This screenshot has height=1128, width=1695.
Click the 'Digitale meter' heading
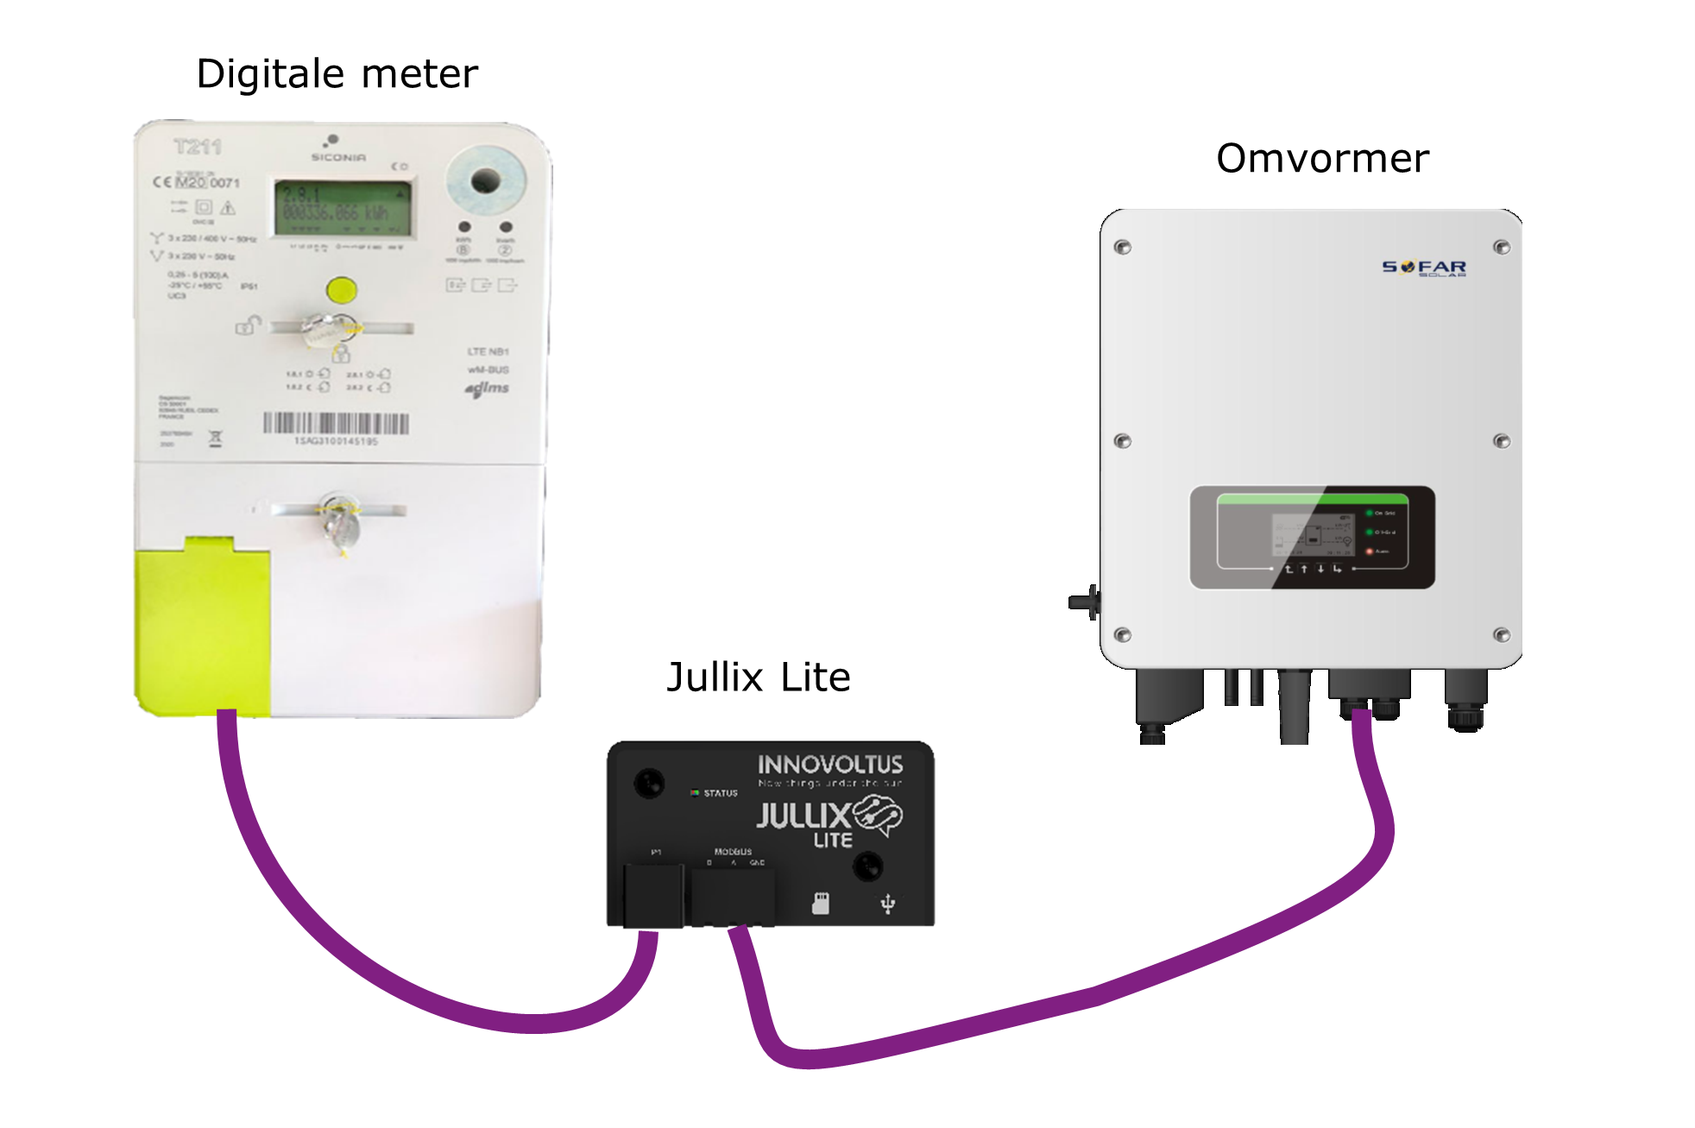click(337, 74)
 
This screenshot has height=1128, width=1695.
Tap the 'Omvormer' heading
click(1322, 159)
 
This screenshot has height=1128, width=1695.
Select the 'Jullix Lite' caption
click(759, 677)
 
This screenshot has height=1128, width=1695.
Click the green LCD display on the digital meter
click(343, 208)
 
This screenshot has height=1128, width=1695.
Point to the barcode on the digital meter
click(336, 423)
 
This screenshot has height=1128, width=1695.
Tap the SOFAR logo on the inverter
click(1424, 268)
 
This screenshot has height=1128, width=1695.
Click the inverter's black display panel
click(1312, 538)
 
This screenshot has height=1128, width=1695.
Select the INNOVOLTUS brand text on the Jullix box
click(830, 765)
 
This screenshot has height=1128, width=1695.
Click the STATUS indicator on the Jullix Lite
click(714, 792)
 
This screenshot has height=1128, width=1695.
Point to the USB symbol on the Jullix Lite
click(887, 904)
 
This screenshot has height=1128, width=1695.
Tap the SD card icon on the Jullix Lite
click(821, 904)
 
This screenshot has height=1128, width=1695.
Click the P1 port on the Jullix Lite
click(653, 895)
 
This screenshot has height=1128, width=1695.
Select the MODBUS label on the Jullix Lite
click(733, 852)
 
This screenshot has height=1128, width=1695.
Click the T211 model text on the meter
click(198, 147)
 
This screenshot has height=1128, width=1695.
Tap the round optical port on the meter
click(485, 181)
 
